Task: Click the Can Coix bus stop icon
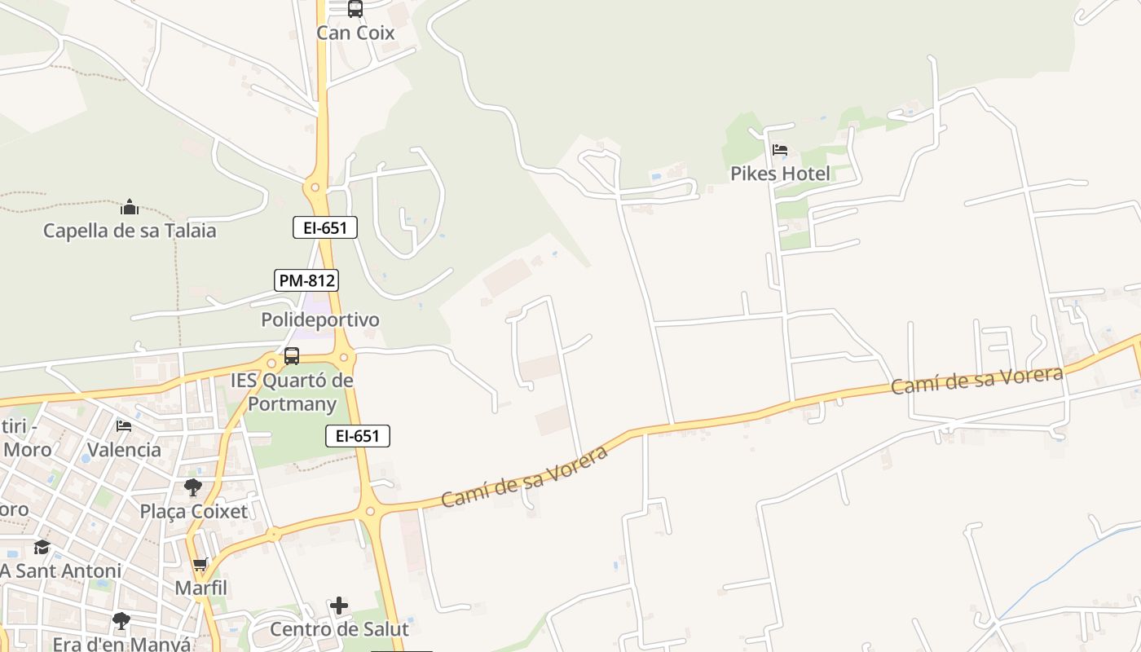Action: [x=355, y=9]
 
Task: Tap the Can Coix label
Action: [x=355, y=33]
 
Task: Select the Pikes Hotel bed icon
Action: [x=780, y=150]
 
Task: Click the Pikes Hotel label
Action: [x=780, y=174]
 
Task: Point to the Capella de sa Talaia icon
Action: [x=130, y=207]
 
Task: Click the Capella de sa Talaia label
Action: [x=130, y=231]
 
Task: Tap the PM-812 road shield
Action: [x=306, y=280]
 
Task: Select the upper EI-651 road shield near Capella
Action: [x=325, y=227]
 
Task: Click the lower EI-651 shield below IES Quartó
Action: [x=358, y=436]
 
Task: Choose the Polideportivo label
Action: [x=320, y=319]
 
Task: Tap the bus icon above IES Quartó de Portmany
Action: [x=291, y=356]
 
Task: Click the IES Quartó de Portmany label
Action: [x=292, y=392]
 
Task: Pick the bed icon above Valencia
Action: [x=124, y=426]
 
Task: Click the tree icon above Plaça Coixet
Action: [x=193, y=487]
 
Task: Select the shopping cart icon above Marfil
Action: [x=200, y=564]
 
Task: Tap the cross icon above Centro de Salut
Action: [x=339, y=606]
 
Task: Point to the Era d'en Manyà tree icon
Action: [x=121, y=621]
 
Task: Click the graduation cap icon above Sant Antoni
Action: [x=42, y=547]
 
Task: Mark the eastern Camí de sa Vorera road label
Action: [x=976, y=380]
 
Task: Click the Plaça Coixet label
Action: [x=194, y=512]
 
